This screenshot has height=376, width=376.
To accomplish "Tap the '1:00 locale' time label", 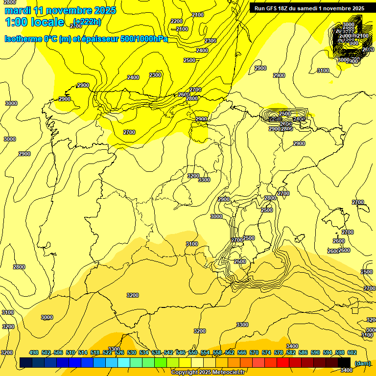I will (34, 22).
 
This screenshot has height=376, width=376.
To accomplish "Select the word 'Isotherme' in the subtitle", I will (22, 39).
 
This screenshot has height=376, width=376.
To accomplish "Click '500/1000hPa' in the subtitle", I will (145, 39).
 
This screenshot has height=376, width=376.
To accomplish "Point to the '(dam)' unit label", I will (362, 363).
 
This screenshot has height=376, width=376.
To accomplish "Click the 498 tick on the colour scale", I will (34, 352).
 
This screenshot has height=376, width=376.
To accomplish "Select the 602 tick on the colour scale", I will (352, 352).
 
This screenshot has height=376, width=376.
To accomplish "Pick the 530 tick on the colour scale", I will (132, 352).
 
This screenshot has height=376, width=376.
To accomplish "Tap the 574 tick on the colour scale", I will (266, 352).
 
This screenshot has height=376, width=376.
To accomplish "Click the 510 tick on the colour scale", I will (70, 352).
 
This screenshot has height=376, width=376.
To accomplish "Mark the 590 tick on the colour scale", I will (315, 352).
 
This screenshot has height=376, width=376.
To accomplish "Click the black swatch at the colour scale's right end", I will (344, 363).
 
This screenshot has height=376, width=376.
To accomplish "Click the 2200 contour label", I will (177, 21).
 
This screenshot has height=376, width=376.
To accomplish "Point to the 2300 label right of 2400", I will (155, 75).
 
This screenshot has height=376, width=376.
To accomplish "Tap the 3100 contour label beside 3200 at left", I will (8, 312).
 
